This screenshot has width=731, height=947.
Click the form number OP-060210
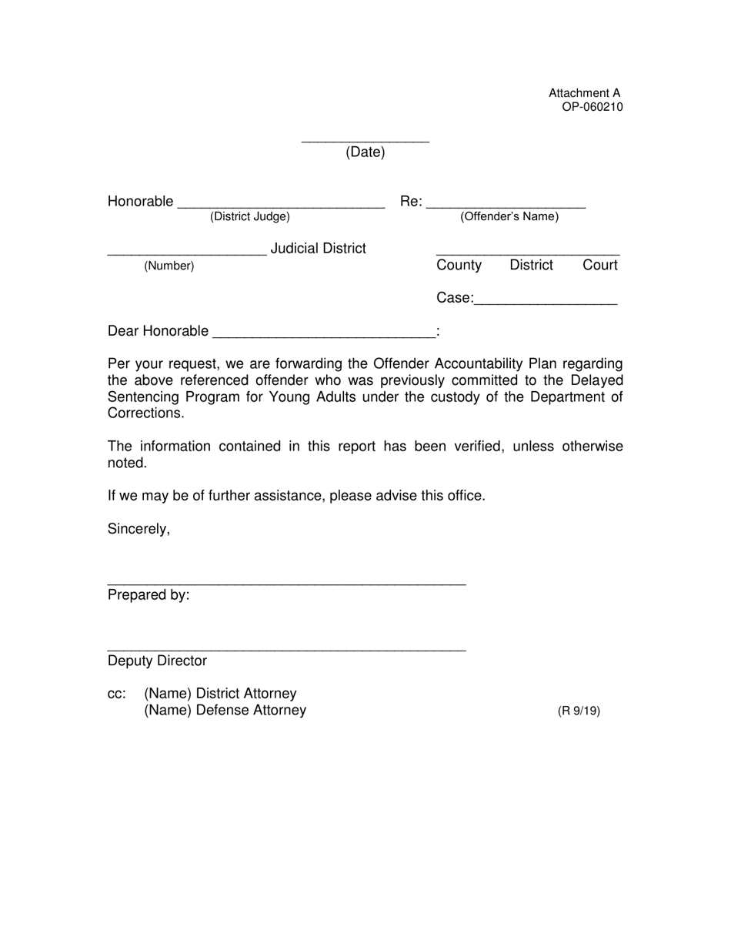coord(592,107)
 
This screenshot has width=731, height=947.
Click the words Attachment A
coord(584,93)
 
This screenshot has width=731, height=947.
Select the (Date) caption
coord(365,152)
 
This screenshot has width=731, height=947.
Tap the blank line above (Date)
coord(365,141)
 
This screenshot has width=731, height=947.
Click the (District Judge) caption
coord(250,217)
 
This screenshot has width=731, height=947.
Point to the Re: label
coord(411,202)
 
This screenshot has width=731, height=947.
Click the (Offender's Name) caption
coord(509,217)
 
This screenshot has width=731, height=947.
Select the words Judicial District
coord(318,249)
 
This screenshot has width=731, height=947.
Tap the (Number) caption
coord(169,266)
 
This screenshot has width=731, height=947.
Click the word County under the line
coord(459,266)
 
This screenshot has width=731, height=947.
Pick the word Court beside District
coord(600,266)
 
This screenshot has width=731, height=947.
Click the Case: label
coord(455,298)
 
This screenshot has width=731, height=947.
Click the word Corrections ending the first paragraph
coord(145,413)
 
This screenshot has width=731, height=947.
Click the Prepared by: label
coord(149,595)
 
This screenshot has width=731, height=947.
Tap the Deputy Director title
coord(157,661)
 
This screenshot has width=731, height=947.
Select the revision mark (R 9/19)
coord(579,711)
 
